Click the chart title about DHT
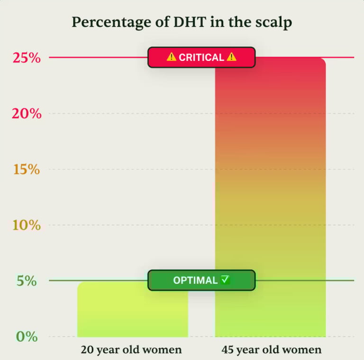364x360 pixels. coord(182,22)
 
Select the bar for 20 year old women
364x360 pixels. coord(132,311)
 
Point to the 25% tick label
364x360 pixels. coord(27,58)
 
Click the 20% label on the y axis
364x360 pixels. coord(27,114)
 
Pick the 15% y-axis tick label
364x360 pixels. coord(27,169)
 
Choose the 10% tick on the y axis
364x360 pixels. coord(27,225)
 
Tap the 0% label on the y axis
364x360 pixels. coord(27,337)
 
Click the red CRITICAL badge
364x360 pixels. coord(201,57)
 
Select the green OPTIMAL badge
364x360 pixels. coord(201,280)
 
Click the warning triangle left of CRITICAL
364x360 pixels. coord(172,57)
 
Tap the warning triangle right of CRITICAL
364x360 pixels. coord(231,57)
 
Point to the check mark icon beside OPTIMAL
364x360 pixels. coord(225,280)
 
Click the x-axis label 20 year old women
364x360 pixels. coord(131,351)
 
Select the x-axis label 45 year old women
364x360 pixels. coord(271,351)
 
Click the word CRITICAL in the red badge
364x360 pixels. coord(201,57)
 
